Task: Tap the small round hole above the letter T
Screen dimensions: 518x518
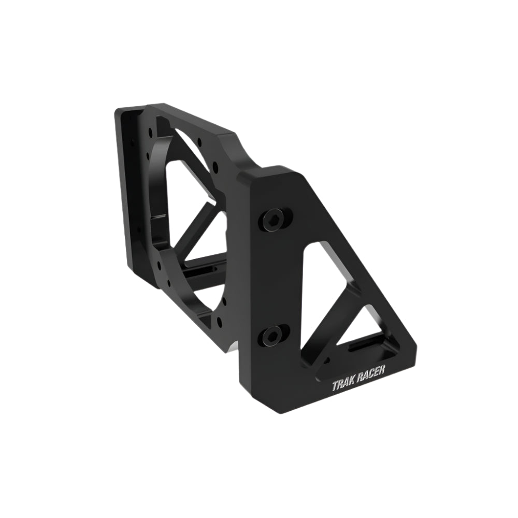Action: coord(327,361)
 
